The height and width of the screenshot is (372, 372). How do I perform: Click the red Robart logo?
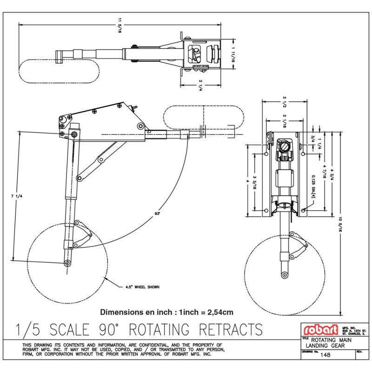tap(321, 330)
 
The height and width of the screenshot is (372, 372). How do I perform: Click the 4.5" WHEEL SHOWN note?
tap(142, 287)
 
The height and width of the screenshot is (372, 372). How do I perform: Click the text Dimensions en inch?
tap(134, 312)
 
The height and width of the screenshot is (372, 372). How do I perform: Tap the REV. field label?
tap(359, 352)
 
